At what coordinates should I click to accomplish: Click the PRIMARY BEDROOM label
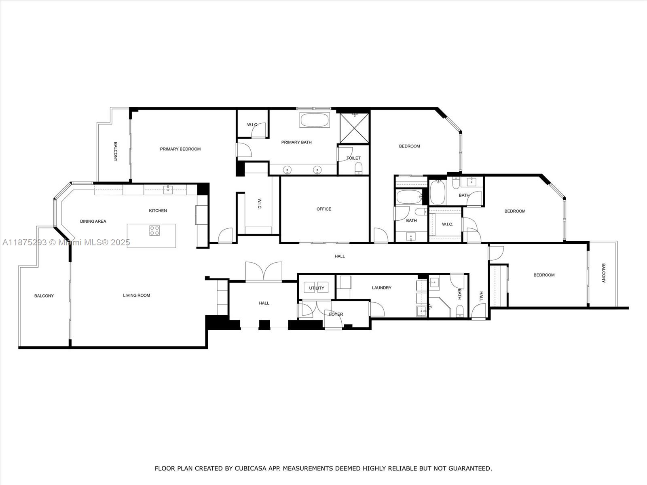coord(180,149)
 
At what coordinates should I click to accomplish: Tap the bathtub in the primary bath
coord(314,120)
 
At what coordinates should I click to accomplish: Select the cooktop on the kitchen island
coord(154,231)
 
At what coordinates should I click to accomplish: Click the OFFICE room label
coord(323,209)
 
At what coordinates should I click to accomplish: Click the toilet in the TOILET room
coord(358,168)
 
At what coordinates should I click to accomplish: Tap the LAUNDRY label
coord(381,288)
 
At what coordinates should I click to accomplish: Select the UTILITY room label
coord(316,288)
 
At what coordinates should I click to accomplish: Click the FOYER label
coord(336,314)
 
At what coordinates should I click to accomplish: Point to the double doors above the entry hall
coord(264,271)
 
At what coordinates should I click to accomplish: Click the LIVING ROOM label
coord(136,295)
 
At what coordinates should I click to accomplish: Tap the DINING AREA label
coord(93,221)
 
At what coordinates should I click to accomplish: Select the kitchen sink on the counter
coord(168,188)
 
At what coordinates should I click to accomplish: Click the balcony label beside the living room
coord(44,296)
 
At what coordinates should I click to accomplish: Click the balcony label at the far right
coord(603,273)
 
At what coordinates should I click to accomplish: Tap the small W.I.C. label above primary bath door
coord(252,124)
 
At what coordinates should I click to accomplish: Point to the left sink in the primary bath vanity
coord(288,170)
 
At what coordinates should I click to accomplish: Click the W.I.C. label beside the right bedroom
coord(447,224)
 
